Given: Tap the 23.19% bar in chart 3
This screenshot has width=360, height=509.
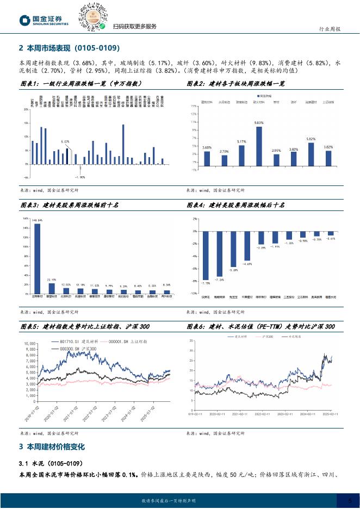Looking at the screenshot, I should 52,288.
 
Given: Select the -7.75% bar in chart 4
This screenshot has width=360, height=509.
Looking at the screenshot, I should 206,254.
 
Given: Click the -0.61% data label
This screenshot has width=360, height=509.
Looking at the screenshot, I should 331,239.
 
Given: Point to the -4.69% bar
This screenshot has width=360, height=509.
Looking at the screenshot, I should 247,245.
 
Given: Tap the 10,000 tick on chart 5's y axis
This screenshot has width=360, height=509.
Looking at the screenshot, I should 29,344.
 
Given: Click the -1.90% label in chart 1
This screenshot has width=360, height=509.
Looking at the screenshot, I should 80,177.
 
